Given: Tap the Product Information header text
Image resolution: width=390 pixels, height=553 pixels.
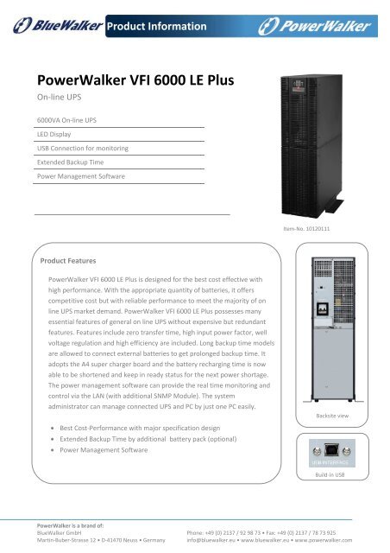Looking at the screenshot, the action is (x=157, y=27).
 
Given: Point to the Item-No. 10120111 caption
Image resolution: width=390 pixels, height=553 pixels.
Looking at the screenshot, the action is (x=332, y=229).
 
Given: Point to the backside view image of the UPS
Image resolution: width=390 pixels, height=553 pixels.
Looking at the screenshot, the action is (x=332, y=333).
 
